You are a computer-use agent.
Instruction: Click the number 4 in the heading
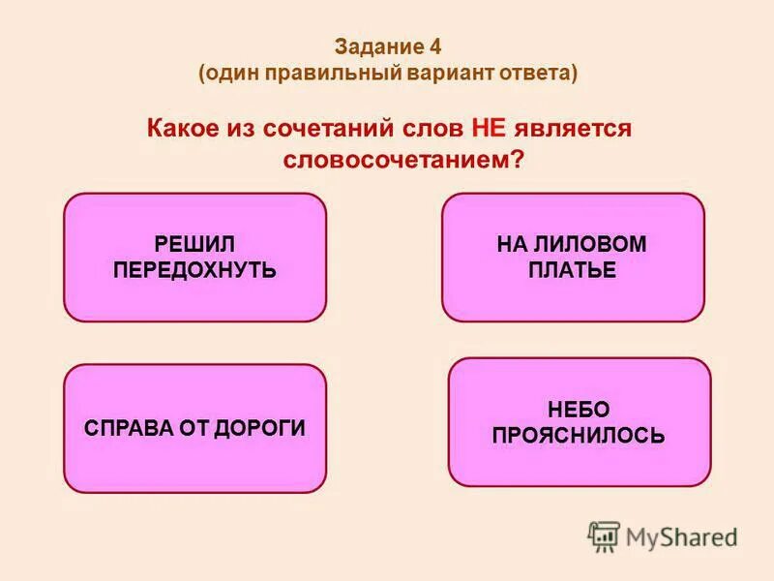pyautogui.click(x=435, y=47)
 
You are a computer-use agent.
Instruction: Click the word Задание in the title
pyautogui.click(x=379, y=47)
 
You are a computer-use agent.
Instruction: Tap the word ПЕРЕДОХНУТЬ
pyautogui.click(x=195, y=270)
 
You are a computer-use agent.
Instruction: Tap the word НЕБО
pyautogui.click(x=579, y=410)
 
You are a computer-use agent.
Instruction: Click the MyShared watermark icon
pyautogui.click(x=604, y=535)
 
